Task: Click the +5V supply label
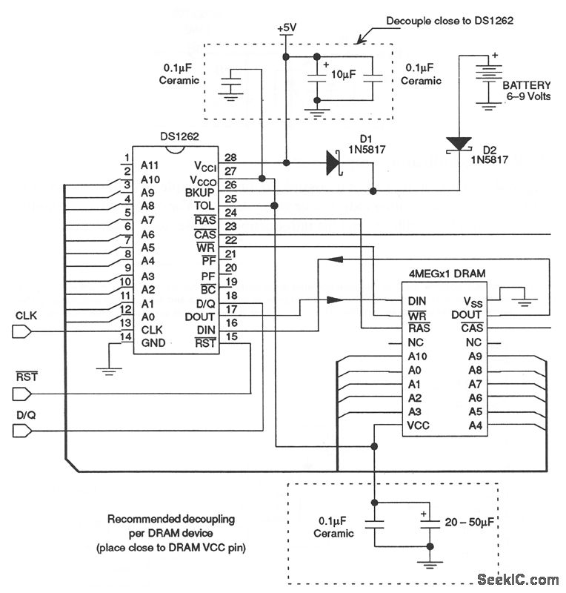(x=285, y=28)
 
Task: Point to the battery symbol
(x=487, y=82)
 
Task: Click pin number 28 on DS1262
(x=230, y=158)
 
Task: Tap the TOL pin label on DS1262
(x=204, y=205)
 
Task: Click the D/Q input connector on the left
(x=23, y=431)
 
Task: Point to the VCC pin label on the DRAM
(x=419, y=425)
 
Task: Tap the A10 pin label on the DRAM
(x=417, y=357)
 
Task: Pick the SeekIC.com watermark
(x=518, y=579)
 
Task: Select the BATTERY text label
(x=527, y=85)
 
